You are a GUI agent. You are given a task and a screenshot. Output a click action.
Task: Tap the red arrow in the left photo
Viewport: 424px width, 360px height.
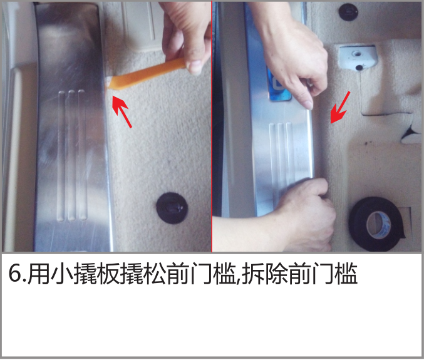click(122, 111)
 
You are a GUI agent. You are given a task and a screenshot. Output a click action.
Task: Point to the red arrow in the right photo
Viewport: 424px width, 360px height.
click(340, 108)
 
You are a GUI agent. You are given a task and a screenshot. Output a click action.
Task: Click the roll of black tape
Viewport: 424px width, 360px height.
click(376, 224)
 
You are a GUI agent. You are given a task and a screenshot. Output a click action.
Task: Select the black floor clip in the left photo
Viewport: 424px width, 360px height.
click(172, 208)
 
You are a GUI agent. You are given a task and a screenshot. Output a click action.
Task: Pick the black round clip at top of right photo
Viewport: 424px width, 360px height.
click(348, 12)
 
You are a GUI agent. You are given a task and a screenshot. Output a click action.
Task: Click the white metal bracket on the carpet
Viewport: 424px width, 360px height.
click(358, 58)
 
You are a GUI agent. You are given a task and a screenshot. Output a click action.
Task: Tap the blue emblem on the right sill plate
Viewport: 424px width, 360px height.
click(279, 86)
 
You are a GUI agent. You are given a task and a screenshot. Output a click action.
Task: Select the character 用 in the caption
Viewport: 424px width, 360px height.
click(38, 274)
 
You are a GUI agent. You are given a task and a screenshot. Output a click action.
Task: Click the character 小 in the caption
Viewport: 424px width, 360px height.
click(62, 274)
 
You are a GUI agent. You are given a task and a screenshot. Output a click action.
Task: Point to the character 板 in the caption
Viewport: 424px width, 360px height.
click(109, 274)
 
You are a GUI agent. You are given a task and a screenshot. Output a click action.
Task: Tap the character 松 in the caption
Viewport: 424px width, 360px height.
click(155, 274)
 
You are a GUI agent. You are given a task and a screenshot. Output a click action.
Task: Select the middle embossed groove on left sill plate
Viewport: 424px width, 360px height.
click(71, 156)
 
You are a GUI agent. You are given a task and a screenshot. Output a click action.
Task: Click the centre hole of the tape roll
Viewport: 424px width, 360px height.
click(378, 225)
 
